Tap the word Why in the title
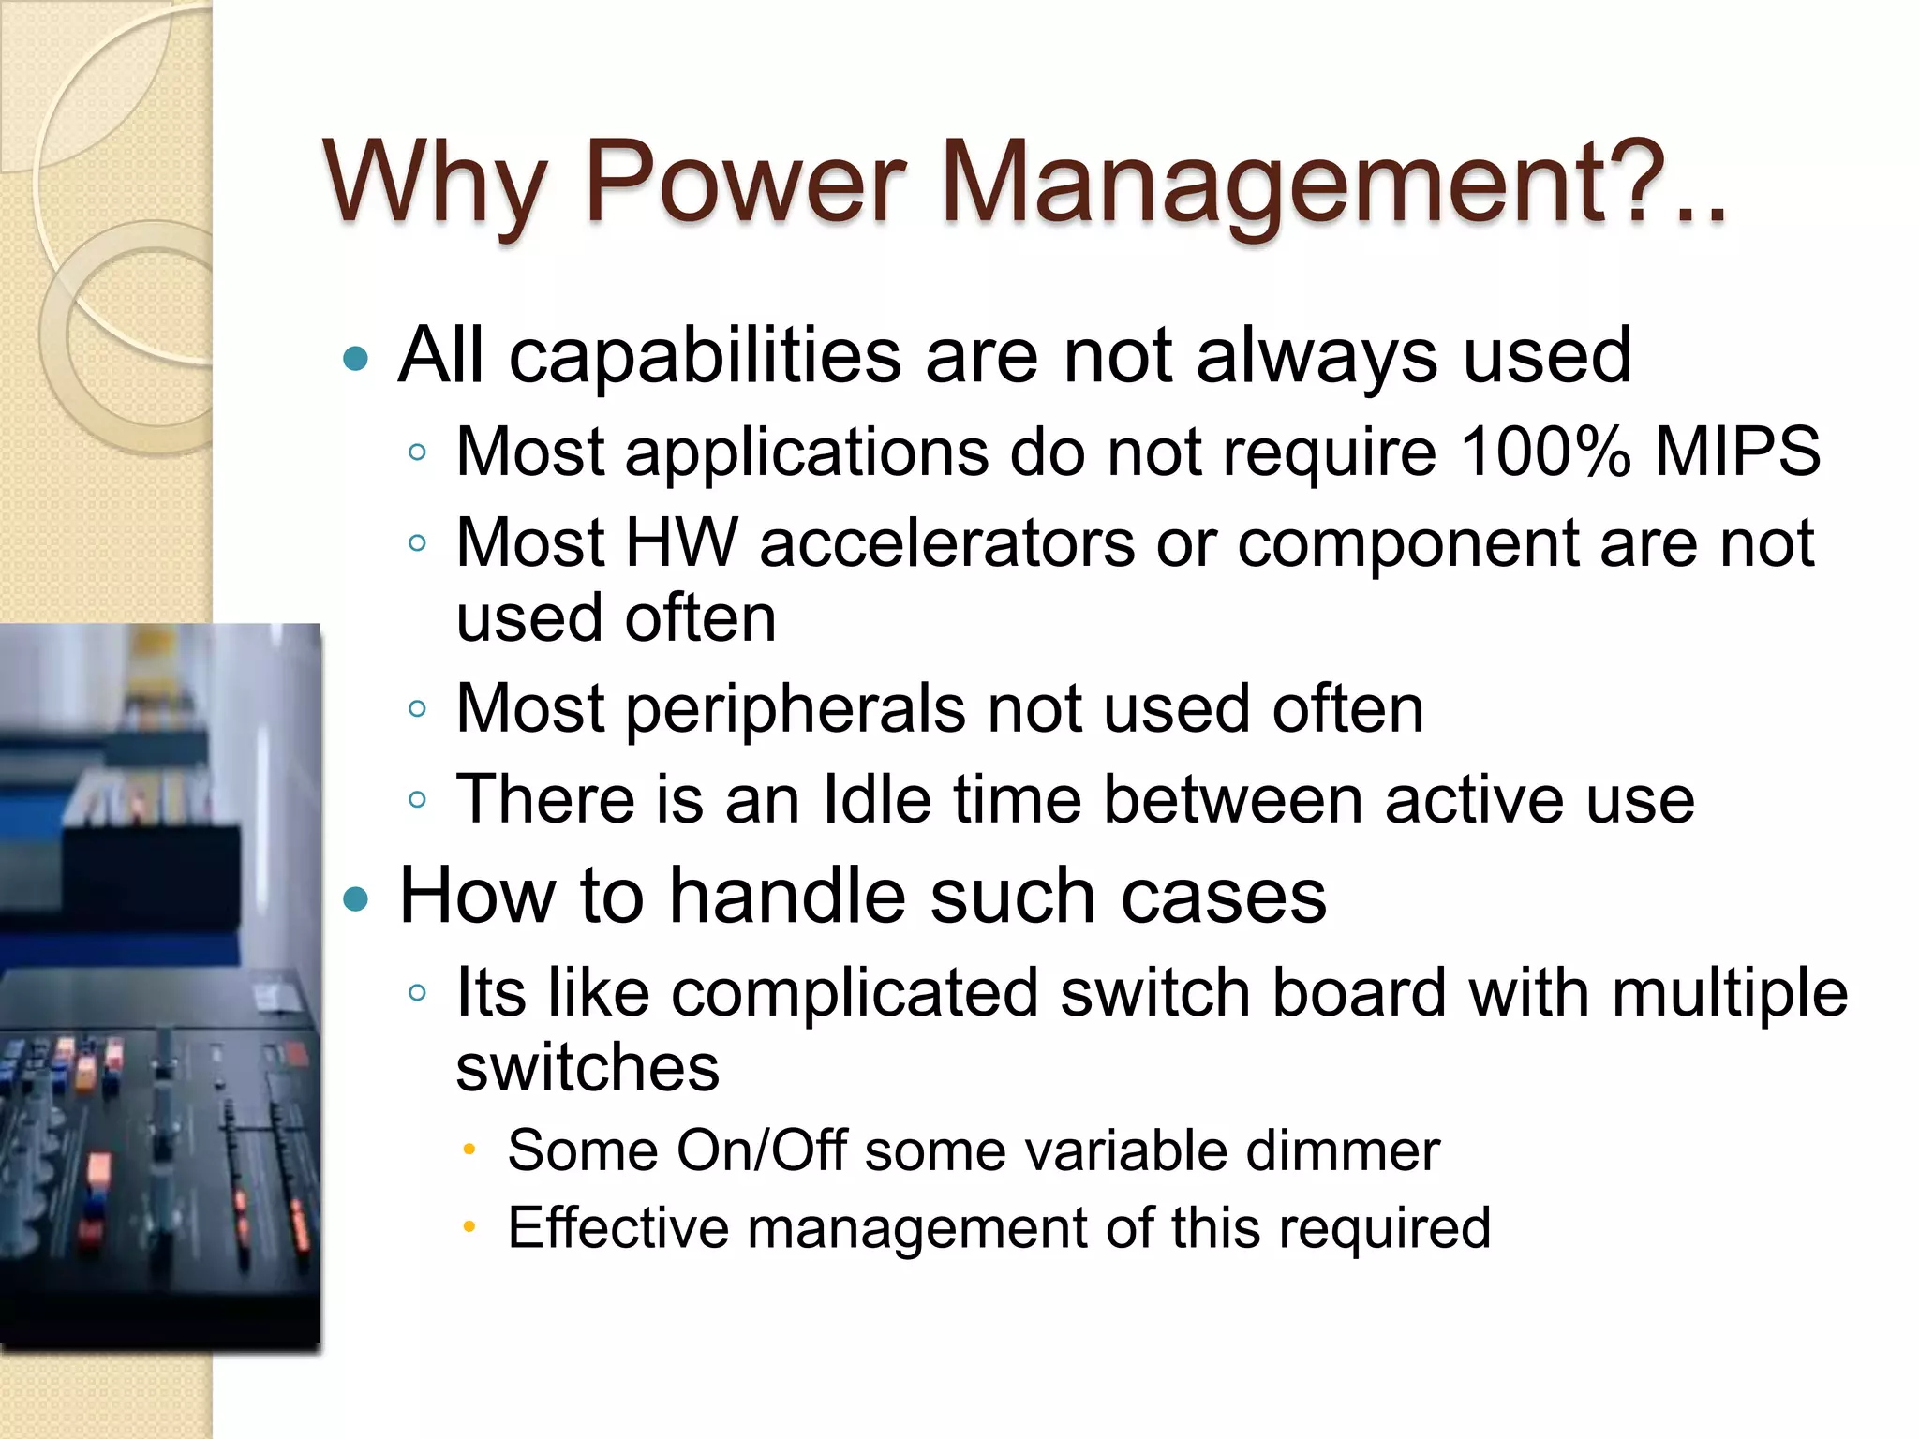435,183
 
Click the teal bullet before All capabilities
356,358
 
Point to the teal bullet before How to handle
356,899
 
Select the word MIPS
1738,452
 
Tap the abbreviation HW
681,542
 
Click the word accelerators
946,544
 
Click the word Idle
877,799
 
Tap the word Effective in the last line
618,1228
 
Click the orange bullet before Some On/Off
470,1150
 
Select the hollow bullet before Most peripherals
418,709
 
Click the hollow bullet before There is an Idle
418,800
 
